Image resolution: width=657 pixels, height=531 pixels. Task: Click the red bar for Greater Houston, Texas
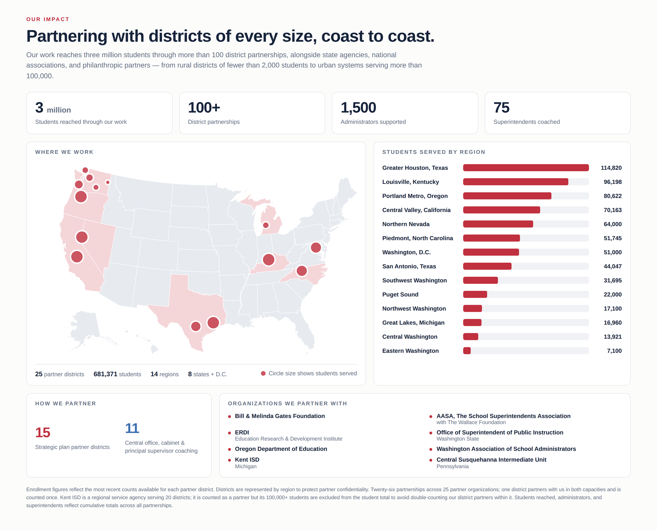click(x=526, y=168)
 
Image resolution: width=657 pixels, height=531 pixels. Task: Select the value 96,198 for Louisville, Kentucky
click(x=612, y=182)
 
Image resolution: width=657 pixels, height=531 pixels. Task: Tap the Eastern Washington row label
click(x=410, y=351)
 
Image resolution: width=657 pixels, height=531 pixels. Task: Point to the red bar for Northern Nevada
click(x=498, y=224)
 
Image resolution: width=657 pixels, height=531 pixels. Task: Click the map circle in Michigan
click(x=266, y=225)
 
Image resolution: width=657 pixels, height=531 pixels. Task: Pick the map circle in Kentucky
click(x=269, y=260)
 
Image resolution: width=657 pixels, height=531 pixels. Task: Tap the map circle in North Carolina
click(x=302, y=271)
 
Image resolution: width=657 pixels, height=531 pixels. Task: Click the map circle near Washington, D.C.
click(x=316, y=248)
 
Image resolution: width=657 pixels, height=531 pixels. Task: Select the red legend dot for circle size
click(x=263, y=373)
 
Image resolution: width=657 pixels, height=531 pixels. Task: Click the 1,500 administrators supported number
click(x=358, y=108)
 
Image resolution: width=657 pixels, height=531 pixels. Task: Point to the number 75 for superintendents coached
click(x=501, y=108)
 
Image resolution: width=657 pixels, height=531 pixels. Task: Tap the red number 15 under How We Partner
click(x=43, y=432)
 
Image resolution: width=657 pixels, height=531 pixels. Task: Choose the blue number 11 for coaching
click(x=132, y=428)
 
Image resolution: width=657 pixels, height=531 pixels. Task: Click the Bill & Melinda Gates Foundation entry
click(x=280, y=416)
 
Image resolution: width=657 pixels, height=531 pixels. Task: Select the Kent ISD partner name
click(x=247, y=460)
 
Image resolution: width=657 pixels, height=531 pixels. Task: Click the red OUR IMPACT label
click(x=48, y=19)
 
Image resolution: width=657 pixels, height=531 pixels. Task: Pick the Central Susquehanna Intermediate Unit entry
click(x=491, y=460)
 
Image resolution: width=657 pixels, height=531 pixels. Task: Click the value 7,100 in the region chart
click(x=614, y=351)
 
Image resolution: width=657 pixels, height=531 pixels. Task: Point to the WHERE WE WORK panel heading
click(x=64, y=152)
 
